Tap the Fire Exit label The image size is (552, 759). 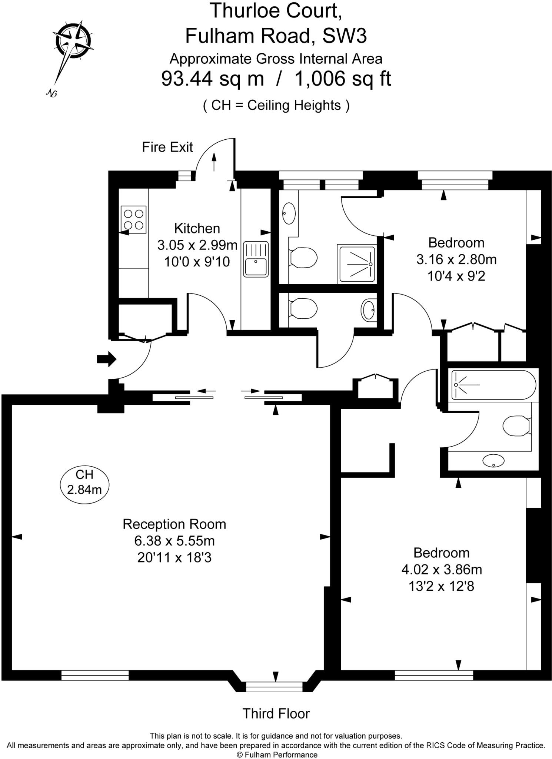coord(167,148)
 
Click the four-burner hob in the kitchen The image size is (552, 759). coord(133,219)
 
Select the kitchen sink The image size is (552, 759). coord(256,259)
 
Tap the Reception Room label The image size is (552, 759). coord(174,524)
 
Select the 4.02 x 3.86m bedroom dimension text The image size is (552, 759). coord(442,569)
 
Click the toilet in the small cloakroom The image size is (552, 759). coord(303,308)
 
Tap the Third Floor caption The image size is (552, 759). coord(276,713)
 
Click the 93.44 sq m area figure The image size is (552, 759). coord(213,79)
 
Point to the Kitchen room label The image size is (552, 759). coord(197,228)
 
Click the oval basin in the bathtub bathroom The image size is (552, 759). coord(493,461)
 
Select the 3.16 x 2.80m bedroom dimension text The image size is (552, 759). coord(456,259)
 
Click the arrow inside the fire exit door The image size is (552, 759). coord(214,162)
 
